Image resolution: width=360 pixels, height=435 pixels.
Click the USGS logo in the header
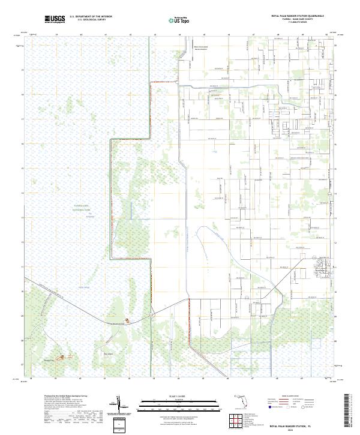pyautogui.click(x=55, y=19)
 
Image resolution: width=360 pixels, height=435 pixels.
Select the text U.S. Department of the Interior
pyautogui.click(x=91, y=16)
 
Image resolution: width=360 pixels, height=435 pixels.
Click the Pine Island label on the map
pyautogui.click(x=109, y=354)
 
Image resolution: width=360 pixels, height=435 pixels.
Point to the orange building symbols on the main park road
pyautogui.click(x=127, y=322)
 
